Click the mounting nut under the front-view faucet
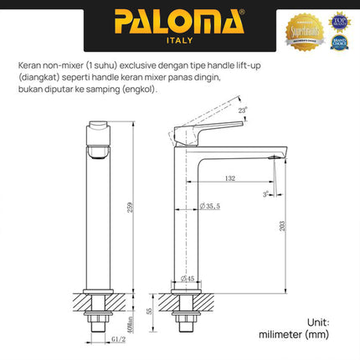coord(100,317)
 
